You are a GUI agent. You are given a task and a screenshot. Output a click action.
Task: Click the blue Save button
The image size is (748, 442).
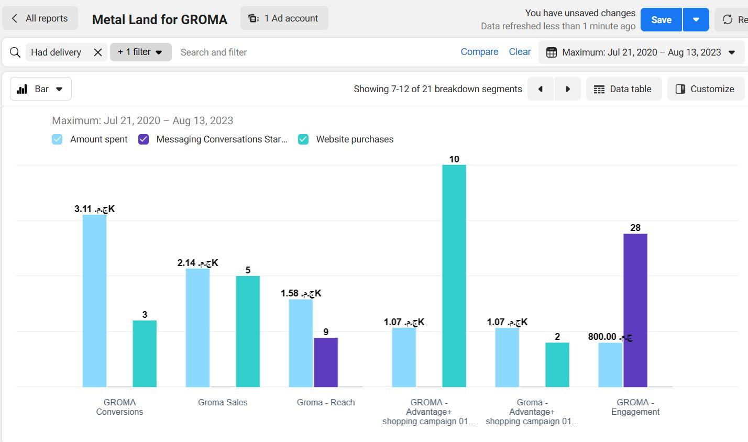tap(661, 19)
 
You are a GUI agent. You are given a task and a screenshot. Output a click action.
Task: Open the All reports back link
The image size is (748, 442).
tap(40, 18)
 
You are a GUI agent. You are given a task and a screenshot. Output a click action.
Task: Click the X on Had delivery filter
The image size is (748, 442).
tap(98, 52)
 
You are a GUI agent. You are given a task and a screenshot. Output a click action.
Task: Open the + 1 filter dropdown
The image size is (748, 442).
tap(140, 52)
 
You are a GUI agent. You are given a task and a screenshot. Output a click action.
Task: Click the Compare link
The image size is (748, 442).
tap(479, 52)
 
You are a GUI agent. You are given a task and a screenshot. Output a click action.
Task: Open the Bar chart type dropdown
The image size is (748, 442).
tap(41, 89)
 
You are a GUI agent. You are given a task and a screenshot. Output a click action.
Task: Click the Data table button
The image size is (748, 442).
tap(623, 89)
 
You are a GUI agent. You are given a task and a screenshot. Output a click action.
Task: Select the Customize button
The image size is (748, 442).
tap(705, 89)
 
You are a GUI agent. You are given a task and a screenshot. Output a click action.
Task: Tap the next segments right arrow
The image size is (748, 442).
tap(567, 89)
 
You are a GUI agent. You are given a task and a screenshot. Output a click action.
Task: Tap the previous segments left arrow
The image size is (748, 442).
tap(541, 89)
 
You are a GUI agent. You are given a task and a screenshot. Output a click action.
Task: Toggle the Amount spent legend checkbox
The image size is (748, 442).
tap(57, 139)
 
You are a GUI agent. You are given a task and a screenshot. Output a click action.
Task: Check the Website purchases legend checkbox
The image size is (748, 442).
tap(303, 139)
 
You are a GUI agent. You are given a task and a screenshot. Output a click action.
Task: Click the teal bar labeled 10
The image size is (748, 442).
tap(454, 275)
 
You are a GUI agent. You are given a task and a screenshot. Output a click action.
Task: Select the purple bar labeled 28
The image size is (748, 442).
tap(635, 310)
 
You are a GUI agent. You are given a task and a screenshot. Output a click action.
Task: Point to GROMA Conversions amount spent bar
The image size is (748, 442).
tap(94, 301)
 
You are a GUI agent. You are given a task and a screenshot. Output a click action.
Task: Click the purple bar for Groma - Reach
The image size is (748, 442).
tap(326, 362)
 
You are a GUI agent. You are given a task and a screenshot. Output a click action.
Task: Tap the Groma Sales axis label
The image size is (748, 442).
tap(223, 402)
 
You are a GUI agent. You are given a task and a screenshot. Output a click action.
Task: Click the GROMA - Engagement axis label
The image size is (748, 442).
tap(635, 407)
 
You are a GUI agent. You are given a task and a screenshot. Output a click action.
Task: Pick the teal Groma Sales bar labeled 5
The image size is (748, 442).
tap(248, 331)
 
